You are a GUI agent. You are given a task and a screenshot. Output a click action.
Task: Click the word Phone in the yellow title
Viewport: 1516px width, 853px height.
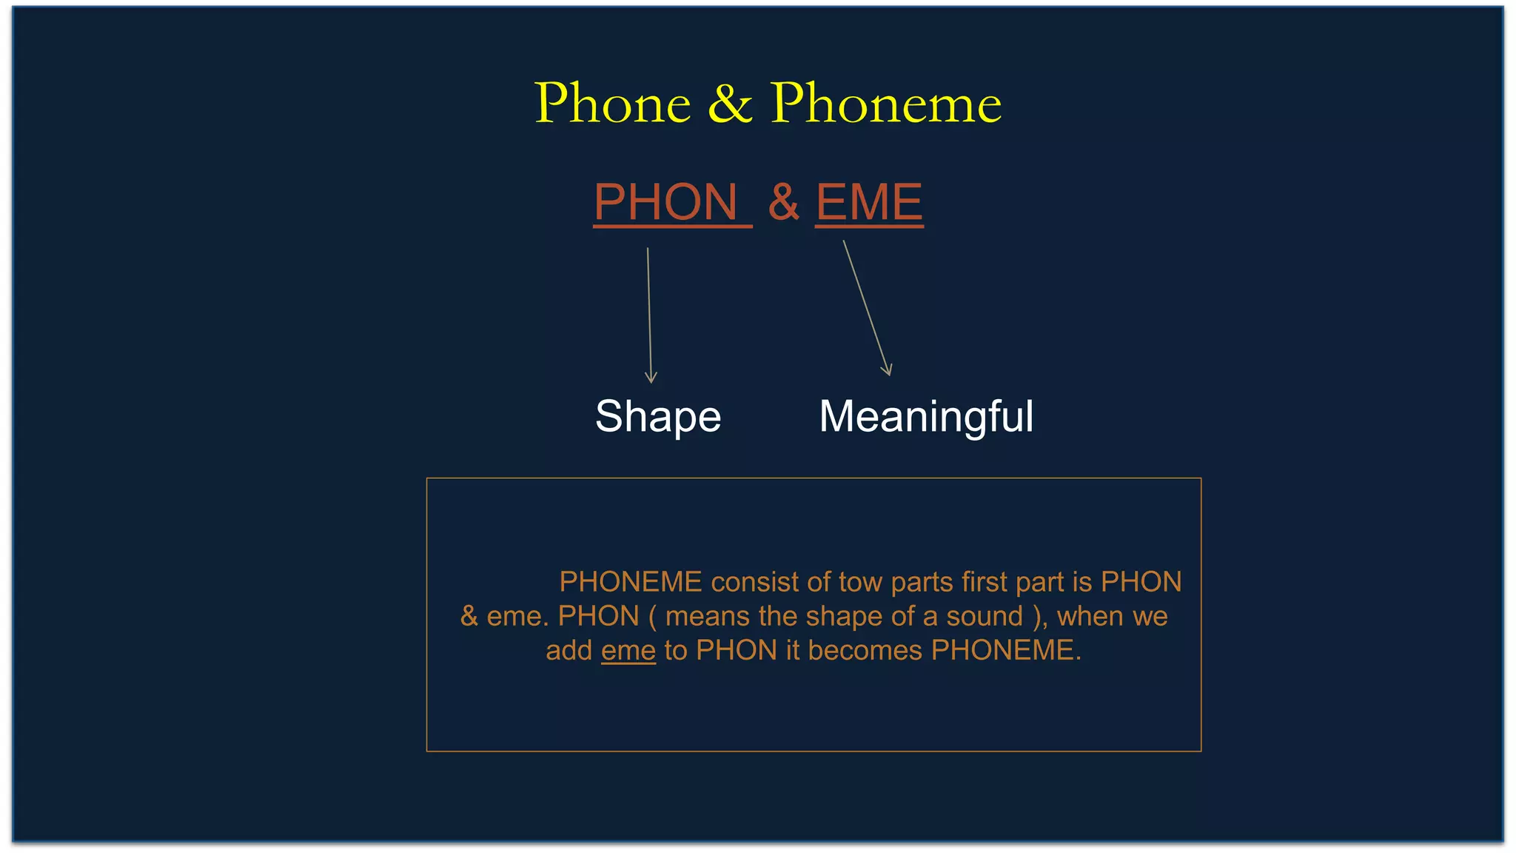click(612, 103)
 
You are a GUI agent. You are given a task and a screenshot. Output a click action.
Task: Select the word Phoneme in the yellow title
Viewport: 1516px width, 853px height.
click(885, 103)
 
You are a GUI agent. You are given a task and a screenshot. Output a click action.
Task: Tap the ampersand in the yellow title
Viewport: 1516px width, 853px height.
click(730, 103)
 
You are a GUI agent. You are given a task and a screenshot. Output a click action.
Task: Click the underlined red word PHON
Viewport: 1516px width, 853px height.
click(666, 202)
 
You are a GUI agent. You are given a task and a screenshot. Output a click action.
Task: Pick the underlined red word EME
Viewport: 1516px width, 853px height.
click(869, 202)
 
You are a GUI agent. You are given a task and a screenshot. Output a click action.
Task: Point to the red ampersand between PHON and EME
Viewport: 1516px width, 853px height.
click(783, 202)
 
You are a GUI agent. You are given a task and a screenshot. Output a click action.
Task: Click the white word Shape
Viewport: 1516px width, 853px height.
click(658, 417)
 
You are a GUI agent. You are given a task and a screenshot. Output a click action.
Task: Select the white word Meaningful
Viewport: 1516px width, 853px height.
click(926, 417)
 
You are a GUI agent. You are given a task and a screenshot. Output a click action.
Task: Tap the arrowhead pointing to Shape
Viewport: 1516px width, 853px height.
click(651, 378)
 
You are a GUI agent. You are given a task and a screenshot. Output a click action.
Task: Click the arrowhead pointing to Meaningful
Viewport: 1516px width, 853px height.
click(888, 371)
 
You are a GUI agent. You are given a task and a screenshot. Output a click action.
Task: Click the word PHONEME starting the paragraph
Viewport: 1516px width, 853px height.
click(630, 582)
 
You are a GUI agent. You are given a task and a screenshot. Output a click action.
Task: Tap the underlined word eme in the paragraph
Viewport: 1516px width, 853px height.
click(628, 650)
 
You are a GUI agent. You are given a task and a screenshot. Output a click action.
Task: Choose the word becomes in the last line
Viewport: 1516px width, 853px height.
click(865, 650)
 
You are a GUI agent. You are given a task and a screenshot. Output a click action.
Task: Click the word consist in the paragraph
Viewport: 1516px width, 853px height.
click(754, 582)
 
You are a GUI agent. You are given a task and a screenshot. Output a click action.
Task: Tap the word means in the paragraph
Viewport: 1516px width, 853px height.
click(708, 616)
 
